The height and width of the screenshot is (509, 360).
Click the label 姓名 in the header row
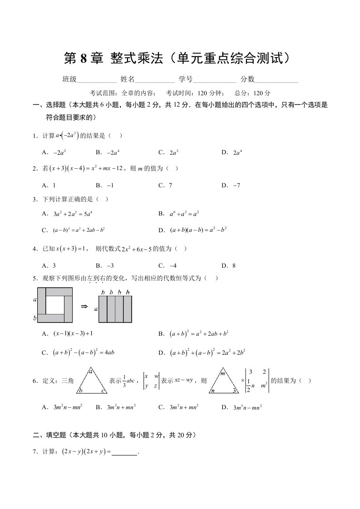(128, 79)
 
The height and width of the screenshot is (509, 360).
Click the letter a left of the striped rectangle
(96, 309)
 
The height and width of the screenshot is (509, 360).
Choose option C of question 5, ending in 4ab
(83, 352)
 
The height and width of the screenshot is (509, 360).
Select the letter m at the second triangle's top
(223, 373)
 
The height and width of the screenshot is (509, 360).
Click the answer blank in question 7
(124, 452)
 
